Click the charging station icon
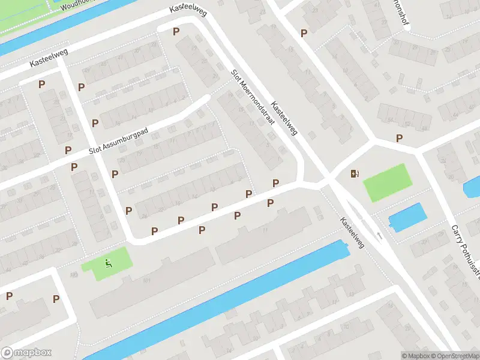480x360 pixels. (x=355, y=174)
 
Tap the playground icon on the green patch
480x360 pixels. (x=108, y=262)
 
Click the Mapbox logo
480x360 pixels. (x=26, y=353)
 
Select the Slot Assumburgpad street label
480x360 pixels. (x=118, y=142)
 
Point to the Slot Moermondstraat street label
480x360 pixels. (x=252, y=97)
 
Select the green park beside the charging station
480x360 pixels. (x=387, y=182)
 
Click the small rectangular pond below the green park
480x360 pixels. (x=407, y=216)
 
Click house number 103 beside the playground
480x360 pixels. (x=74, y=275)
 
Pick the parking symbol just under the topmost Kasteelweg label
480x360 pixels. (x=176, y=32)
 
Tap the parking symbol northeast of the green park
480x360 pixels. (x=399, y=139)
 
